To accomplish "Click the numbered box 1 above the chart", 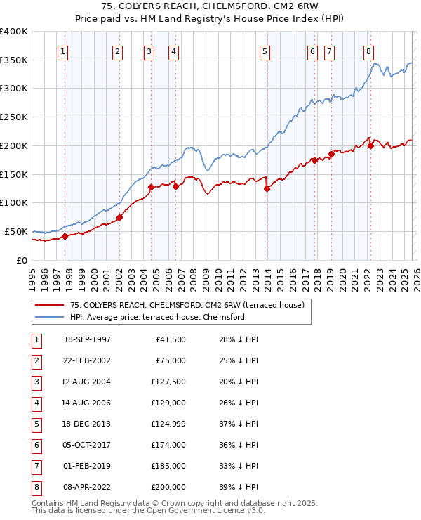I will click(64, 51).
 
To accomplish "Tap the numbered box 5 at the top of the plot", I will click(265, 51).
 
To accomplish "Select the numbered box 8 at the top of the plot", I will click(368, 51).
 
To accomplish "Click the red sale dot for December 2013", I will click(267, 188).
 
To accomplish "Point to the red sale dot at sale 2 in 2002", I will click(120, 217).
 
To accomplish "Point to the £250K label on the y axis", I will click(15, 117).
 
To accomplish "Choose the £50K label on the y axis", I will click(17, 231).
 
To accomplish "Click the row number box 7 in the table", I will click(36, 466).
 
